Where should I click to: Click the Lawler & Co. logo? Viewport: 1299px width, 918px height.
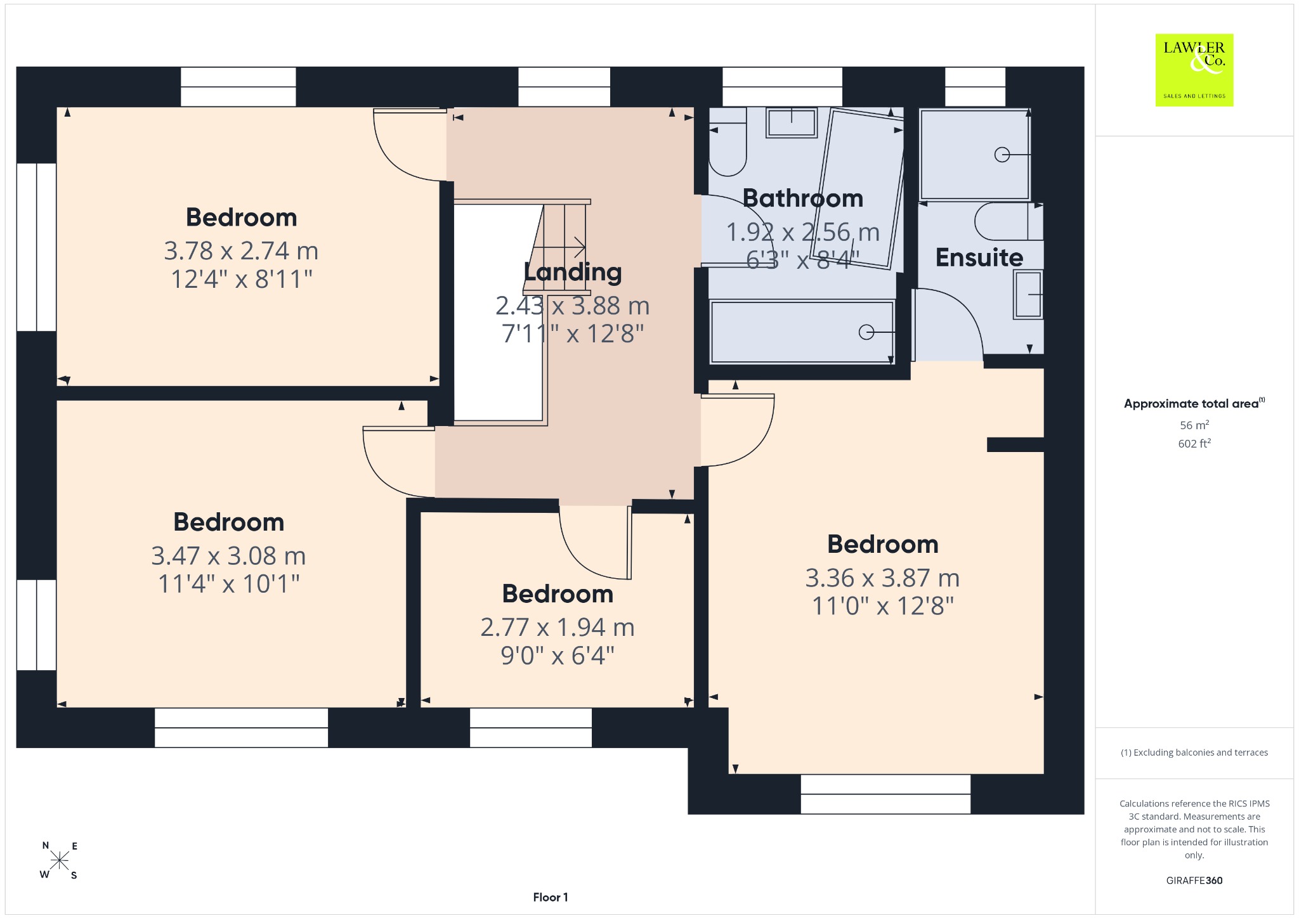tap(1194, 70)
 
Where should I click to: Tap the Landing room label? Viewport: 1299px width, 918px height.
tap(573, 272)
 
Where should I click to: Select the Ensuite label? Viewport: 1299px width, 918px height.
tap(979, 257)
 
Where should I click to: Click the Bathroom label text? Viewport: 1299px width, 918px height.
tap(803, 198)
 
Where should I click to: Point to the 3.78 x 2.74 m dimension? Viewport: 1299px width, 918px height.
tap(241, 251)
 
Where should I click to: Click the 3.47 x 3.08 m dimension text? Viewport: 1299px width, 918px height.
tap(228, 556)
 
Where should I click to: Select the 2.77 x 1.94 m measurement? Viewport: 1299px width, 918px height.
tap(558, 628)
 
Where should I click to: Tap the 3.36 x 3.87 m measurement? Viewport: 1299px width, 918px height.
tap(882, 578)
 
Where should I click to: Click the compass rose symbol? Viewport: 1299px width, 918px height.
tap(60, 860)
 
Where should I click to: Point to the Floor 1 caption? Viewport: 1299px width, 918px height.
tap(551, 897)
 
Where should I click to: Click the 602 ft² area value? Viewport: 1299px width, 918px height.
tap(1194, 444)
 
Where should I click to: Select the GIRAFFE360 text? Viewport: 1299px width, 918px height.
tap(1194, 880)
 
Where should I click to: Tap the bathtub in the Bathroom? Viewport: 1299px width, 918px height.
tap(802, 332)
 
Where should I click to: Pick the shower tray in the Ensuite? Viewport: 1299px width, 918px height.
tap(975, 154)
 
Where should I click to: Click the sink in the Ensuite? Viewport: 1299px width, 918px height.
tap(1028, 294)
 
